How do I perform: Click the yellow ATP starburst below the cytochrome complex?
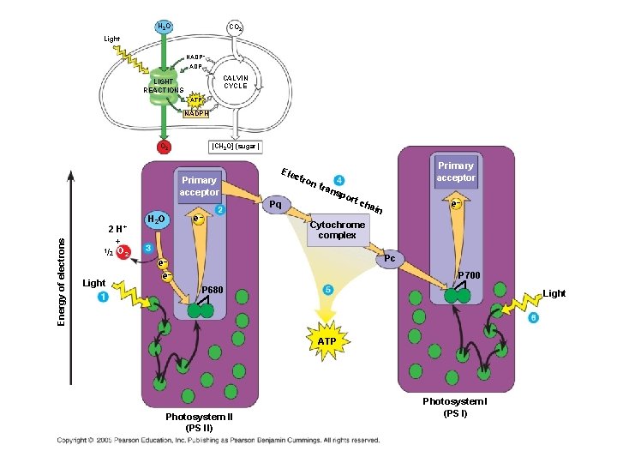(326, 340)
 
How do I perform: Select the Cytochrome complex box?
(337, 230)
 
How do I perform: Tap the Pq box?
(275, 206)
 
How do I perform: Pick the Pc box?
(389, 258)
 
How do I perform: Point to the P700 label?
(470, 275)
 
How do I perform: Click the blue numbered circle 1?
(104, 297)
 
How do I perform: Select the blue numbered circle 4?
(340, 180)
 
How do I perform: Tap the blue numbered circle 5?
(327, 290)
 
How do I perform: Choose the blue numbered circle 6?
(533, 317)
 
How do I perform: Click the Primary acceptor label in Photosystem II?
(199, 186)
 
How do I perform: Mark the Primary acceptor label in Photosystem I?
(455, 171)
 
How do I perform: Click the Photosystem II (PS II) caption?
(199, 422)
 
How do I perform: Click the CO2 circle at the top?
(234, 27)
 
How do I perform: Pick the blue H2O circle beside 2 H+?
(156, 219)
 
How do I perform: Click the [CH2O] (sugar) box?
(230, 147)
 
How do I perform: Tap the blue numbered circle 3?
(148, 247)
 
